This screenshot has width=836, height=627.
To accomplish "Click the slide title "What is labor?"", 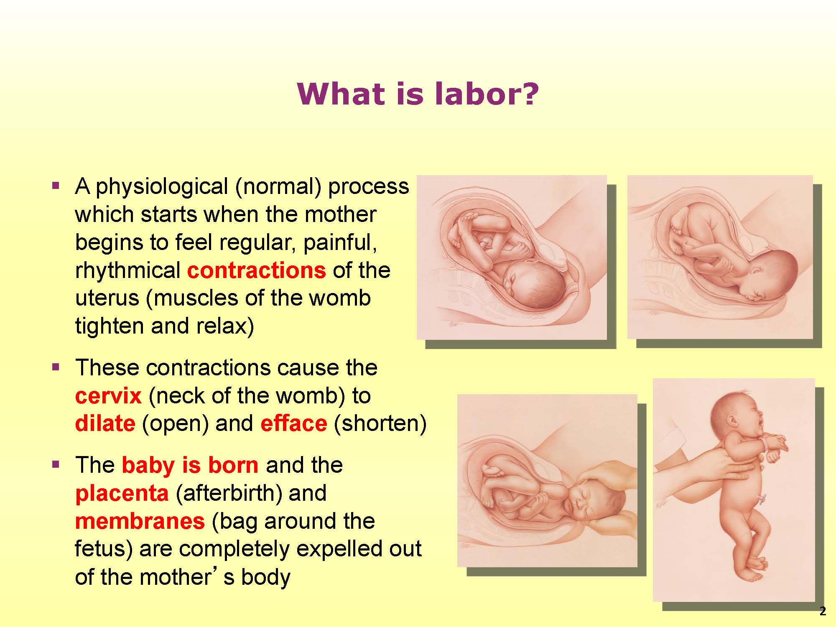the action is point(418,94).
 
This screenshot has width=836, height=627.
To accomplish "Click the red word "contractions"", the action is point(256,270).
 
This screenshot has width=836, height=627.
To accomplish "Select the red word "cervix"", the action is point(108,396).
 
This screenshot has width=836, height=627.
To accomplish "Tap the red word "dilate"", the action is point(105,423).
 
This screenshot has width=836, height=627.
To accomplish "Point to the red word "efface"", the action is point(293,423).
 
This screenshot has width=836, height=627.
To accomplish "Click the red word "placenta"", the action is point(122,493).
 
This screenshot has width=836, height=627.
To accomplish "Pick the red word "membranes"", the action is point(140,521).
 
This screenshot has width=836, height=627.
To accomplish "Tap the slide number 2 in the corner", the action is point(823,612).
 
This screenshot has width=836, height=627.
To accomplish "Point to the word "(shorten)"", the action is point(380,424).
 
